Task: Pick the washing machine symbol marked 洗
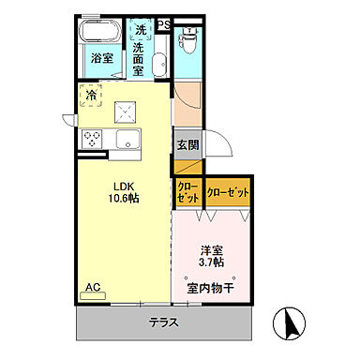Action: [x=141, y=28]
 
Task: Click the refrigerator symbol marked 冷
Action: [x=92, y=95]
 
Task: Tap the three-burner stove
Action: [x=95, y=139]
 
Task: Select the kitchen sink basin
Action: [x=127, y=141]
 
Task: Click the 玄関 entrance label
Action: [x=187, y=145]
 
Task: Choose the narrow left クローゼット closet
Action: [x=187, y=192]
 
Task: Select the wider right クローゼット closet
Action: [x=228, y=192]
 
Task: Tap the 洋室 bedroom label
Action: [x=211, y=251]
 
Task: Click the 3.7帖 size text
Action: [x=211, y=264]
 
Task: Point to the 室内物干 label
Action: [x=212, y=287]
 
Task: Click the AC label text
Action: [x=94, y=287]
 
